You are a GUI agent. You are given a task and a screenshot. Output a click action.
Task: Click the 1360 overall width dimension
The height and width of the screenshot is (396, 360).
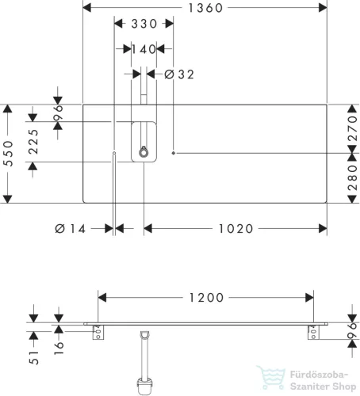205,8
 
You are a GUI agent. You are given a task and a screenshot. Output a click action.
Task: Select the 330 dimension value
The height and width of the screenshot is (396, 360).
144,24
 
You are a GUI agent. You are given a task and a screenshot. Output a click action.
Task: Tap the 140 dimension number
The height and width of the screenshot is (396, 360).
144,49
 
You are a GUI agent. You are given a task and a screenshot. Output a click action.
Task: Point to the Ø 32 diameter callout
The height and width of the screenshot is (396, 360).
179,74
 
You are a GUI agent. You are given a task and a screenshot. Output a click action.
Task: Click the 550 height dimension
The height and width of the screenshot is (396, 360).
9,154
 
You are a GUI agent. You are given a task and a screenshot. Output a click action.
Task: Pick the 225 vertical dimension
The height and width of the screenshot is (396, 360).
33,142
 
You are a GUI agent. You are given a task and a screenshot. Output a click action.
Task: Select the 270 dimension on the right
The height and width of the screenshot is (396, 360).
352,128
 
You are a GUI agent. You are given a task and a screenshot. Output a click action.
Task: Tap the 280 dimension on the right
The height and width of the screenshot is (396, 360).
352,178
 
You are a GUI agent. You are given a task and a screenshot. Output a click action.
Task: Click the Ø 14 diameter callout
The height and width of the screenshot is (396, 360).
71,229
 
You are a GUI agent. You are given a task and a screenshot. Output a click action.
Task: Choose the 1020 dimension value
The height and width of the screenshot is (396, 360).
236,229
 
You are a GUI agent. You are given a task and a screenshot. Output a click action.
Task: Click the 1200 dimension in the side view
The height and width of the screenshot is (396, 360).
206,298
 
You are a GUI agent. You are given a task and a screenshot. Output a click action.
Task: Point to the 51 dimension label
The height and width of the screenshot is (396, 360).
33,357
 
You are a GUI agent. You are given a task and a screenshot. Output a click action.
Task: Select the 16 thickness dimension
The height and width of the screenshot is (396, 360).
59,348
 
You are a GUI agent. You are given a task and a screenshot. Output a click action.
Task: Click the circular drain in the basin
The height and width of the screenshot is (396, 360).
144,152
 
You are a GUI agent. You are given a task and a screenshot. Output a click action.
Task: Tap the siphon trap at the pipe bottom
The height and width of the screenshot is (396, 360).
144,387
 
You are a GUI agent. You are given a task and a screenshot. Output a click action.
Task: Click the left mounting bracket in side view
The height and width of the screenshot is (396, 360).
98,333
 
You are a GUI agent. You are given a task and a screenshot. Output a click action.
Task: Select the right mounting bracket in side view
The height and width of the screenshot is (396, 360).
313,333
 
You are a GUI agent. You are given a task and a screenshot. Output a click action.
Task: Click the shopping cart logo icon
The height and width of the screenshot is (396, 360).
271,378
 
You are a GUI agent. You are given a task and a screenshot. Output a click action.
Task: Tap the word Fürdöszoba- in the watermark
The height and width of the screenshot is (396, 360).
320,375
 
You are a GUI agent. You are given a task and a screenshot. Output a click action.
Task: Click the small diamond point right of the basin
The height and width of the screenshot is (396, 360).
174,153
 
